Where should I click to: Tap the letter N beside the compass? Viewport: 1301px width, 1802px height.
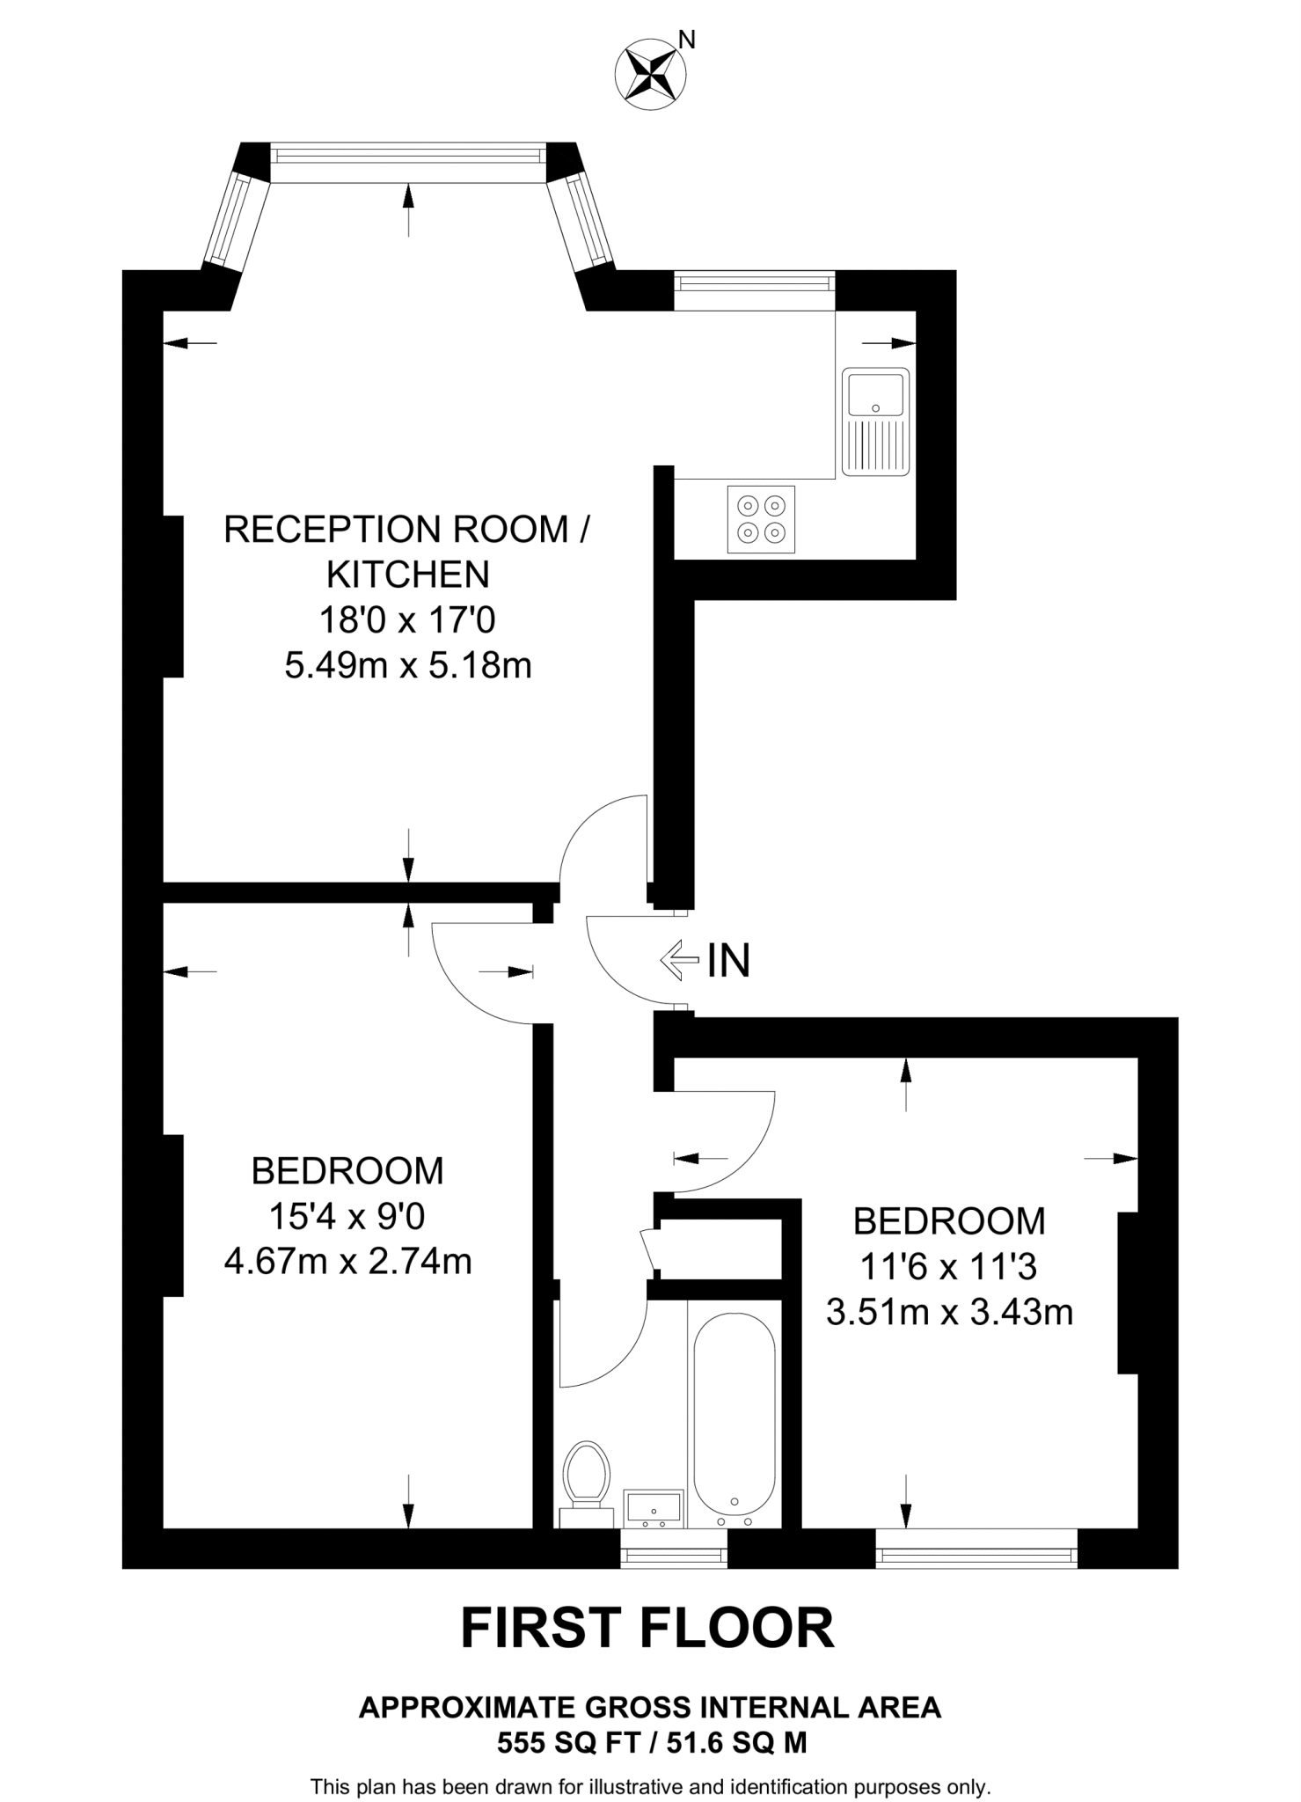pyautogui.click(x=688, y=40)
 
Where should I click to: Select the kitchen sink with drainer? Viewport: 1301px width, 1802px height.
pyautogui.click(x=875, y=421)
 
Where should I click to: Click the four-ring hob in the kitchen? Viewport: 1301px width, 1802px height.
pyautogui.click(x=761, y=519)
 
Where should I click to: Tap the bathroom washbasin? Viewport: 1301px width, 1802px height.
pyautogui.click(x=652, y=1507)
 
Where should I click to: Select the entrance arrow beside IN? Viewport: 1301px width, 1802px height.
pyautogui.click(x=678, y=960)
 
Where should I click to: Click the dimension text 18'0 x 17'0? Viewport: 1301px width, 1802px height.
pyautogui.click(x=407, y=620)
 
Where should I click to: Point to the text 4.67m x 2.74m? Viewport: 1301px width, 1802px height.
pyautogui.click(x=348, y=1262)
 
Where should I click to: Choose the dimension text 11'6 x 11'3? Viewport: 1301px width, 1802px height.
pyautogui.click(x=948, y=1266)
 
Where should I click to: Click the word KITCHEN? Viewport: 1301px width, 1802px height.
pyautogui.click(x=407, y=575)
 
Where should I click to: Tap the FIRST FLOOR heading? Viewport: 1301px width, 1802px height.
pyautogui.click(x=647, y=1628)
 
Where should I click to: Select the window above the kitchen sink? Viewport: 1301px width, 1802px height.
pyautogui.click(x=754, y=283)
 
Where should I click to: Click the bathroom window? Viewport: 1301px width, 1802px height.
pyautogui.click(x=674, y=1557)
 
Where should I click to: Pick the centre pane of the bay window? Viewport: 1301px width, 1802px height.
pyautogui.click(x=407, y=157)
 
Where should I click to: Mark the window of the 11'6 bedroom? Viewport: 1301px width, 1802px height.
pyautogui.click(x=976, y=1557)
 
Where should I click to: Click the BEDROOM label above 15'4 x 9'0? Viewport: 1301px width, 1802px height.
pyautogui.click(x=347, y=1171)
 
